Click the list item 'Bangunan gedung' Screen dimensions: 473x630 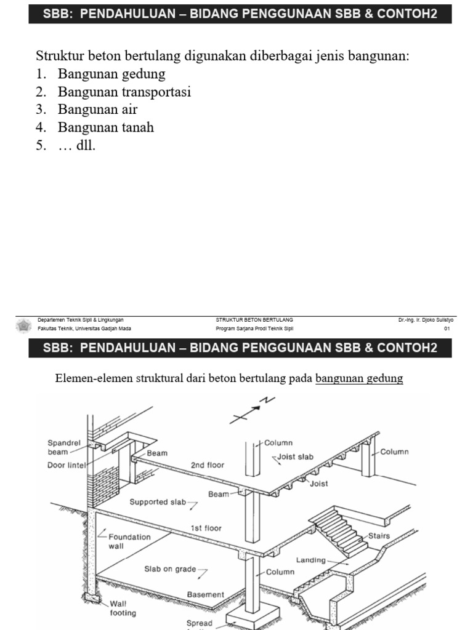click(111, 74)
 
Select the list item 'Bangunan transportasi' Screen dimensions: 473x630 click(124, 92)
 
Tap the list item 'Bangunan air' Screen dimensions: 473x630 click(97, 110)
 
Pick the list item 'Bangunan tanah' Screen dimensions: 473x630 click(106, 128)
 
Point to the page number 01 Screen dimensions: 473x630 click(448, 329)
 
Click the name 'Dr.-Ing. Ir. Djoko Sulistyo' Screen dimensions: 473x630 click(426, 320)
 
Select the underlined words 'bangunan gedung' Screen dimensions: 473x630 click(359, 378)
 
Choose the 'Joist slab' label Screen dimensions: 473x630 click(296, 457)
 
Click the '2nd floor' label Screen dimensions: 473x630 click(208, 465)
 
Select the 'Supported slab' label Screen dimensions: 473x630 click(158, 502)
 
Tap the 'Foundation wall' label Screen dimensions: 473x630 click(129, 541)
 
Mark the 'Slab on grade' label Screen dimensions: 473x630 click(170, 569)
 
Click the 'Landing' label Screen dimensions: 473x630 click(311, 560)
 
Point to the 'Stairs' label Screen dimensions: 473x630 click(379, 536)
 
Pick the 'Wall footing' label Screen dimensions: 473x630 click(123, 608)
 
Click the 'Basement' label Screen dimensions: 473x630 click(206, 595)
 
